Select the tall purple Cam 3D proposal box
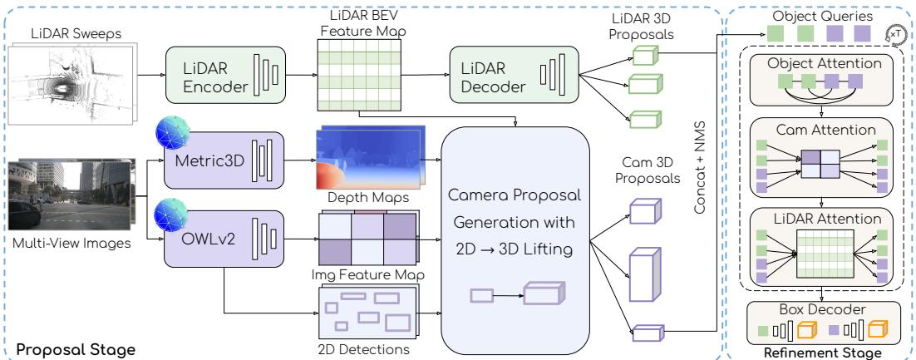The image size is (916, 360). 644,275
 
